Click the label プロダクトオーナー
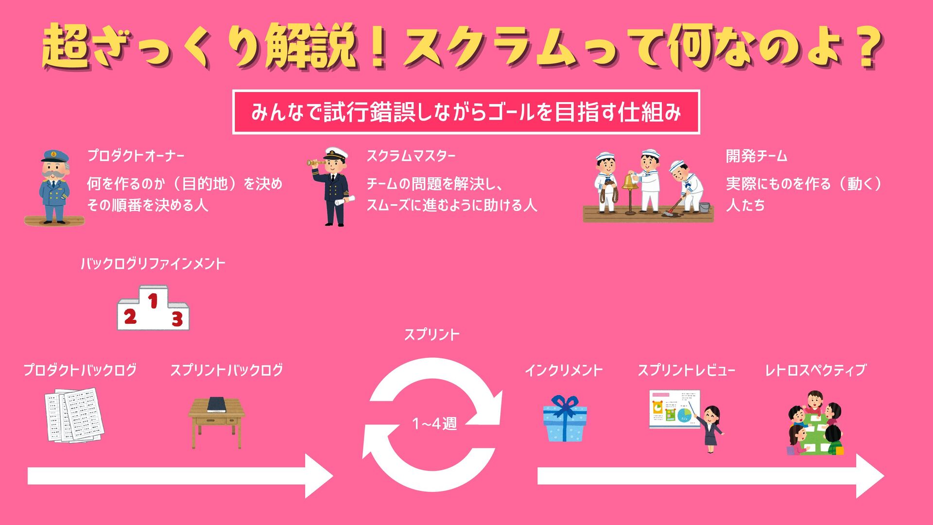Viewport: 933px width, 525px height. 136,156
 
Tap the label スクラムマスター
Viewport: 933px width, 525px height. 411,156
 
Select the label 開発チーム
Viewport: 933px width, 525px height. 756,156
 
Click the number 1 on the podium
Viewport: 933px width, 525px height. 153,301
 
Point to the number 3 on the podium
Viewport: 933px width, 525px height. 177,319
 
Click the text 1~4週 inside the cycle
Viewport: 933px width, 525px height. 434,424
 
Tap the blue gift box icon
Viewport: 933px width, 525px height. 564,419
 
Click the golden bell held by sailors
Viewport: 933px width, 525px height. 630,182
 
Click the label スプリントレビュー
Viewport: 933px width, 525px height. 686,370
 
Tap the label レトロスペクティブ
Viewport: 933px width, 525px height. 815,370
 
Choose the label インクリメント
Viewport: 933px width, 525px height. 564,370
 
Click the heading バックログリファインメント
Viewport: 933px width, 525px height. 153,264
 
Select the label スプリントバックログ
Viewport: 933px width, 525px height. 226,370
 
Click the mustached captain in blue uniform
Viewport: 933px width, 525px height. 54,187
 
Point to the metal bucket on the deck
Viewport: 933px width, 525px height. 704,208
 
